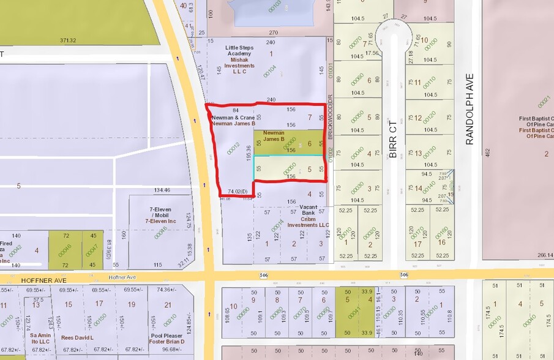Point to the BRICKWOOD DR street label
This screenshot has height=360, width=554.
click(329, 117)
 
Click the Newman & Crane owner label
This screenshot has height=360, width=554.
click(233, 117)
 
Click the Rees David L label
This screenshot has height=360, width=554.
click(77, 337)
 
